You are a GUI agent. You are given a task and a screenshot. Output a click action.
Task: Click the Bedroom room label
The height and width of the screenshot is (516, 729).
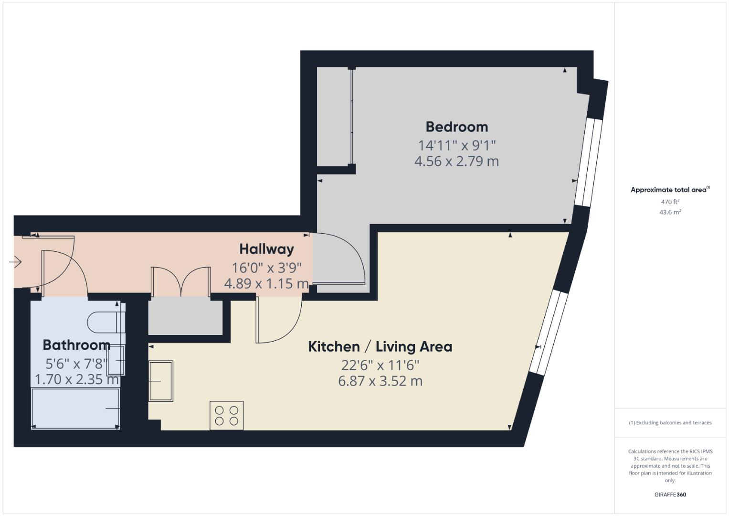456,127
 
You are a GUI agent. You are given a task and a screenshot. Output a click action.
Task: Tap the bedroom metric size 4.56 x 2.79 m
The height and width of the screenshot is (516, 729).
456,161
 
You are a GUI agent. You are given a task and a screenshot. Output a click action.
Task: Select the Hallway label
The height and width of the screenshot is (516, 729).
266,249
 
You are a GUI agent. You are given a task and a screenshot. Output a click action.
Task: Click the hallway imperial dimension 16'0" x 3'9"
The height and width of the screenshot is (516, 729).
266,268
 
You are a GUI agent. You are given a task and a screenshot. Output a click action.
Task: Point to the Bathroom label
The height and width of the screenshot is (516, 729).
76,345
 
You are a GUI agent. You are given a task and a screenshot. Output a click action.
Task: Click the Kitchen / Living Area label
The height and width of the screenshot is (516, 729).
380,346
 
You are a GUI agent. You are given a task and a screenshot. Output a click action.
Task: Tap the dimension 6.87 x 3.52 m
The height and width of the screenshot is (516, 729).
380,381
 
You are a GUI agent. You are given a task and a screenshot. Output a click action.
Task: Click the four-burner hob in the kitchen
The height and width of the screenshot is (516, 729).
226,415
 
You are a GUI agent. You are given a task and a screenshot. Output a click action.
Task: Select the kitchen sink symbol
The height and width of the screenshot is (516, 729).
160,381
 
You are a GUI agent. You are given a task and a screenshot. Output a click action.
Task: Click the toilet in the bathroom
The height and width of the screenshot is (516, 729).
105,322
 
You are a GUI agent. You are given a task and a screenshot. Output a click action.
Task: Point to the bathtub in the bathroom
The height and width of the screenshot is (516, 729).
75,408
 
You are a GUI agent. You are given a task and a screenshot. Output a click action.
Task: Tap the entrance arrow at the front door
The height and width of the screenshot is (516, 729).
15,262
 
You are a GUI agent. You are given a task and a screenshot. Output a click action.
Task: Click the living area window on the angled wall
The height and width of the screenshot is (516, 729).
549,332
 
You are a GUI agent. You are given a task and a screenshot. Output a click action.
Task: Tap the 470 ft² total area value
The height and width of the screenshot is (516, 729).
670,202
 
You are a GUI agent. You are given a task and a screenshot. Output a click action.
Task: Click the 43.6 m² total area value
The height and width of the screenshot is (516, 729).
670,212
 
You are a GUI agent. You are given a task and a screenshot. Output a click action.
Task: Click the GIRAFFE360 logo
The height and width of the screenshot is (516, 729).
670,494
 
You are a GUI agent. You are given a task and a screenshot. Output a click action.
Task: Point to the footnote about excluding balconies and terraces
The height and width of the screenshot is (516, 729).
670,423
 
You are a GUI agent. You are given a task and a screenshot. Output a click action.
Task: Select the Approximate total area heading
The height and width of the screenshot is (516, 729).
669,190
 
